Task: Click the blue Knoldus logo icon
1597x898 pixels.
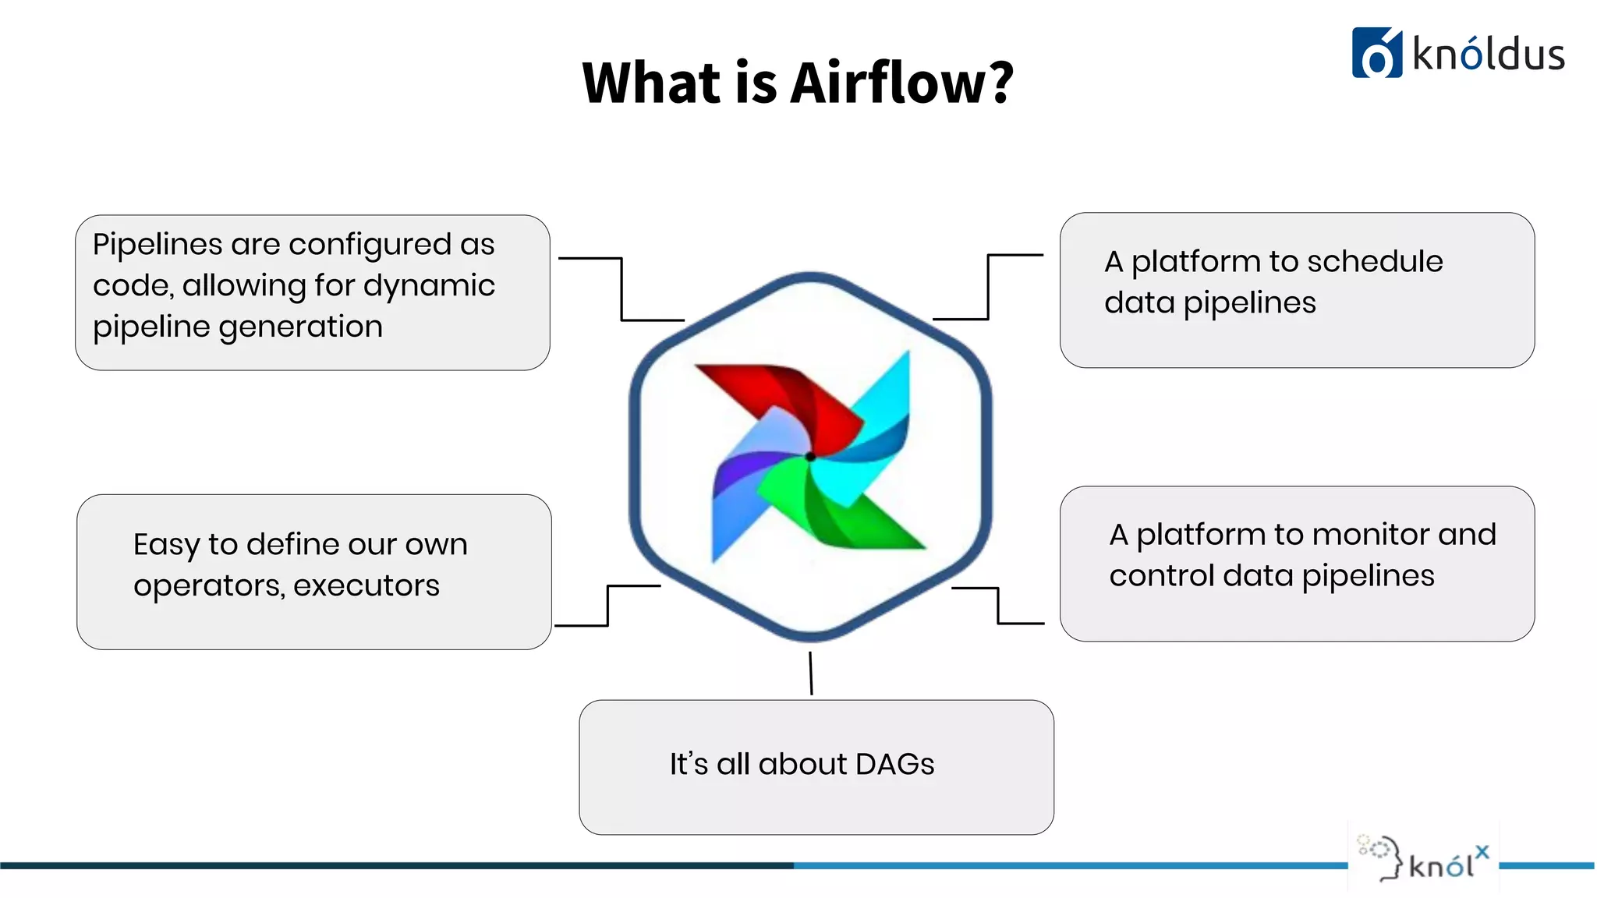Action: [1376, 53]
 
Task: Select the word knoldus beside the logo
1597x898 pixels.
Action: [1488, 55]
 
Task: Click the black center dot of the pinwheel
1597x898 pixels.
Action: [810, 457]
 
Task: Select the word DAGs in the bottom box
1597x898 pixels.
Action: [894, 764]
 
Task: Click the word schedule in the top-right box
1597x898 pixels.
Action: [1375, 261]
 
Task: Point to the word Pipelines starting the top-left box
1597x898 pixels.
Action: [158, 245]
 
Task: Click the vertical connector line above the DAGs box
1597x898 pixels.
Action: [811, 673]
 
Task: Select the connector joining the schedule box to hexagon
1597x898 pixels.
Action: [988, 286]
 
